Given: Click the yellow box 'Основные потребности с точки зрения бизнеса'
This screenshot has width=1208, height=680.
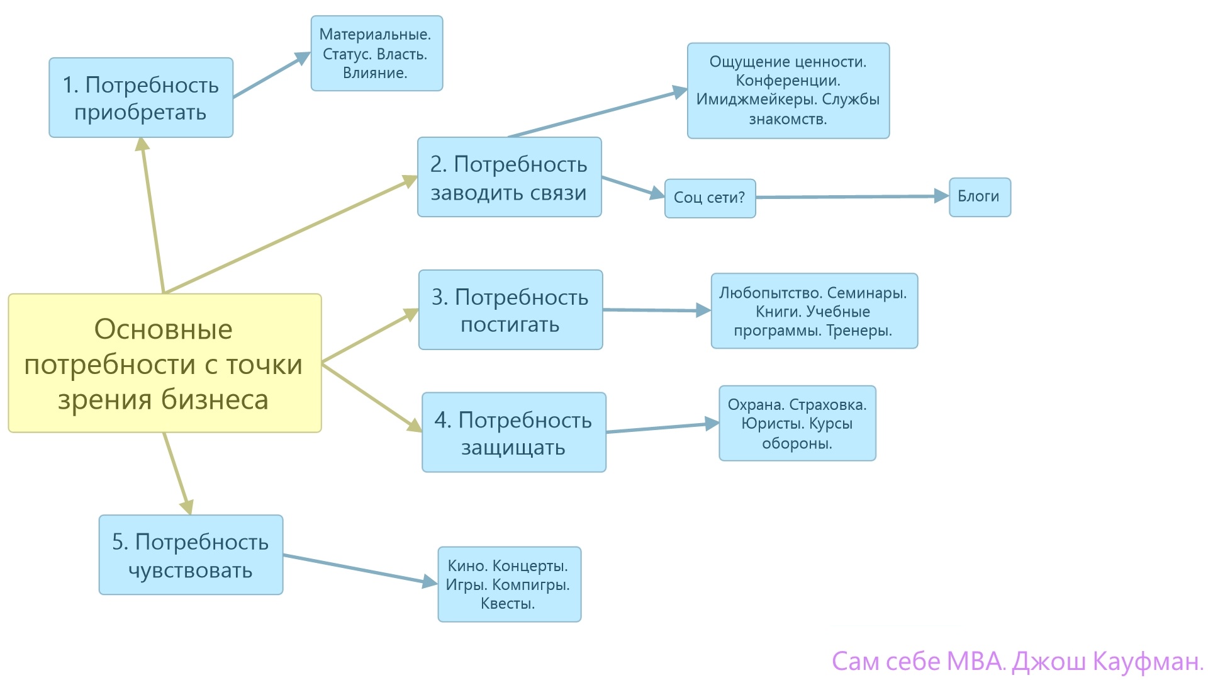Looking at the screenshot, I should (x=165, y=363).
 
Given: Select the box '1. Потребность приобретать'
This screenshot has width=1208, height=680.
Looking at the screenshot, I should (x=141, y=98).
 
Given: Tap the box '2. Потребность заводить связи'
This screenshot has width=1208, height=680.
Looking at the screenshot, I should (x=509, y=177).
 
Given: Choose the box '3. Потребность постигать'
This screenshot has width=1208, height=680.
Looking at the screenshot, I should (x=510, y=310).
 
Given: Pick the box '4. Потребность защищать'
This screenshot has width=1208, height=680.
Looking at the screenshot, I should (x=513, y=433).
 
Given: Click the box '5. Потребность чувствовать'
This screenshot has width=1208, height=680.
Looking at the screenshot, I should (x=191, y=555).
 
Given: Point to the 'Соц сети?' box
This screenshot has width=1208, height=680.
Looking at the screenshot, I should (x=710, y=198).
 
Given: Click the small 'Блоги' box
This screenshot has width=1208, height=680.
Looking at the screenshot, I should (x=980, y=197).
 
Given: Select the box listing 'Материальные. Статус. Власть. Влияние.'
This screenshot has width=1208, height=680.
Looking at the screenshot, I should (x=376, y=54).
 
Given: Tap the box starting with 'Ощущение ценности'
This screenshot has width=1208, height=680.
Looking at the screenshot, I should (x=788, y=91).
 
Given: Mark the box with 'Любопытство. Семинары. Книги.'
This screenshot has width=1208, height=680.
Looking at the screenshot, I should (x=814, y=311).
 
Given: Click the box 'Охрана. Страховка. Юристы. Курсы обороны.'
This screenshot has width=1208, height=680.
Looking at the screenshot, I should (x=797, y=423).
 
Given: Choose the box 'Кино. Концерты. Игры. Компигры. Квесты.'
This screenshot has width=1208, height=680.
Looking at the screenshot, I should (x=509, y=584).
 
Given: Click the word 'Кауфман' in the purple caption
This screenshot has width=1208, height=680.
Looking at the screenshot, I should (x=1147, y=662).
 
